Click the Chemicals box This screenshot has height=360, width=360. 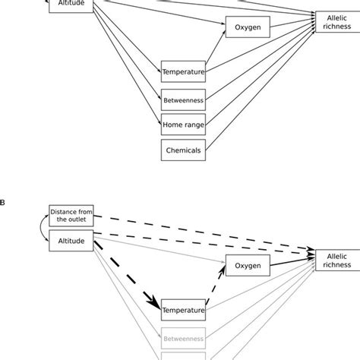(183, 150)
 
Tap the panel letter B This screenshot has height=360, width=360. (3, 203)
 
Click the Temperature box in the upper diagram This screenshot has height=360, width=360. (183, 73)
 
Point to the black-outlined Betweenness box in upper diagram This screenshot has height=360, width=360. (183, 99)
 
